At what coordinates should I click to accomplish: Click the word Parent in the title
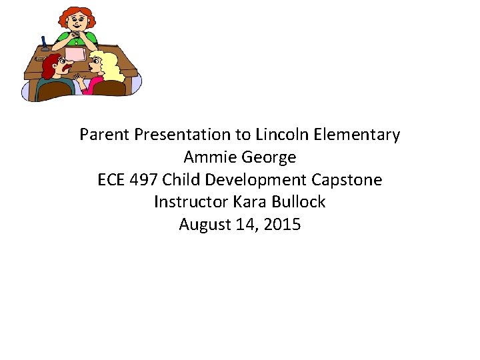105,135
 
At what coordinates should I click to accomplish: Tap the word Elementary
357,135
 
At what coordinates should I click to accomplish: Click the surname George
269,157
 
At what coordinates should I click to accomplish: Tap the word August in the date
205,225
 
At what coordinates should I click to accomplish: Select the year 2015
282,225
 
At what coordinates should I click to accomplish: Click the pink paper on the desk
74,53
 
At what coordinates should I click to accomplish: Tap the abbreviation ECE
111,180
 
